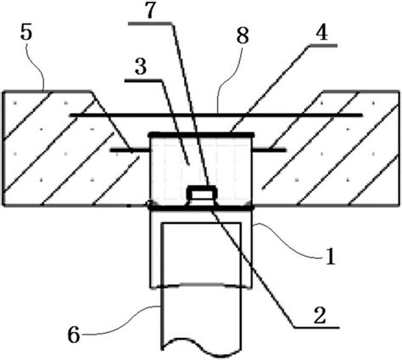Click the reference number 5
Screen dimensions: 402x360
point(26,32)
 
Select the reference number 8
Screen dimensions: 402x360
point(243,37)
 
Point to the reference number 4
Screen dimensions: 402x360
point(321,33)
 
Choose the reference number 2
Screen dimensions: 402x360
point(320,316)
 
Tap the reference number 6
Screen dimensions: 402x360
point(74,335)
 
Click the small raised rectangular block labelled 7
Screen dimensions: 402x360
point(201,193)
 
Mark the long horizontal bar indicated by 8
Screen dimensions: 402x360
point(216,115)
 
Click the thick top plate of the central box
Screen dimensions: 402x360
point(201,134)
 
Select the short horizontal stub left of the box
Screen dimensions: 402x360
point(130,150)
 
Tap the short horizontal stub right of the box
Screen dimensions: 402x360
point(269,150)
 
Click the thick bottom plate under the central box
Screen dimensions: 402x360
point(201,208)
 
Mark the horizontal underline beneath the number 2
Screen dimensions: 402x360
point(316,328)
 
